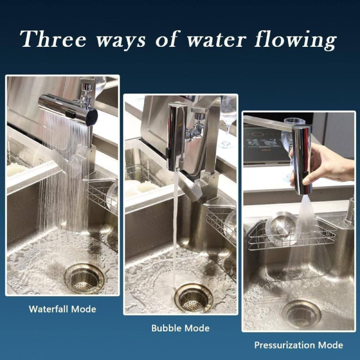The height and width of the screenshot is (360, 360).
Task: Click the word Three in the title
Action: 53,39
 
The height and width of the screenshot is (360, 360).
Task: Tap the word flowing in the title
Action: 296,40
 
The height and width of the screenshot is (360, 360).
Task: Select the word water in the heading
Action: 216,40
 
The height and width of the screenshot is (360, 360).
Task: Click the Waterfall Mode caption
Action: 63,309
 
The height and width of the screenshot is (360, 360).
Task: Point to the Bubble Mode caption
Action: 180,328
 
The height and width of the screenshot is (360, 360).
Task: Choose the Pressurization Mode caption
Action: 299,345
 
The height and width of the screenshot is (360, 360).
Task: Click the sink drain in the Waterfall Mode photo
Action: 84,278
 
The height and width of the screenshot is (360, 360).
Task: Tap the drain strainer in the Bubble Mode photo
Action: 193,298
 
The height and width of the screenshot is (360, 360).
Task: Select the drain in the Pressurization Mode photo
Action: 301,313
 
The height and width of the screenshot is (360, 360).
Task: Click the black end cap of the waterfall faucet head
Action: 91,117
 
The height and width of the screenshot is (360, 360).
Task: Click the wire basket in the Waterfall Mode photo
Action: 102,195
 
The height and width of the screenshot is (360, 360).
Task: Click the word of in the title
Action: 167,39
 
